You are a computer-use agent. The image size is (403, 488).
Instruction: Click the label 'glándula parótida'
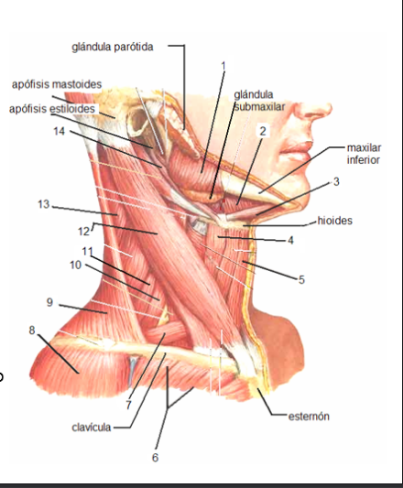click(x=113, y=48)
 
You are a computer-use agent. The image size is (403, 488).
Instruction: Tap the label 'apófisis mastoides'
click(x=57, y=84)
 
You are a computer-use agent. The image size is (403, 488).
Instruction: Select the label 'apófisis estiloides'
click(x=52, y=109)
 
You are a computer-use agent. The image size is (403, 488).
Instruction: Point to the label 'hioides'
click(x=335, y=221)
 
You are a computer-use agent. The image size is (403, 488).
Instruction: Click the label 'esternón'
click(x=309, y=417)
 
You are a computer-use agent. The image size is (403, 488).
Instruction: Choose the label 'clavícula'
click(x=92, y=428)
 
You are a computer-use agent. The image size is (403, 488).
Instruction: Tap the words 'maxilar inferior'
click(x=364, y=154)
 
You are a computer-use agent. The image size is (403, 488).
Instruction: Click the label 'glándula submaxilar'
click(x=259, y=101)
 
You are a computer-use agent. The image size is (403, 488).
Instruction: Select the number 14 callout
click(x=60, y=131)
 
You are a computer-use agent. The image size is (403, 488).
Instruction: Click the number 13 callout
click(x=44, y=204)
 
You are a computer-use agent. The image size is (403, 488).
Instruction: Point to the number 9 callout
click(x=49, y=302)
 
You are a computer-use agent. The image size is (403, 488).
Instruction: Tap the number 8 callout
click(x=32, y=331)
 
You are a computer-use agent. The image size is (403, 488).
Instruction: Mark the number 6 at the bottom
click(x=155, y=458)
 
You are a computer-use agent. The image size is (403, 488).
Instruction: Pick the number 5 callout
click(x=301, y=280)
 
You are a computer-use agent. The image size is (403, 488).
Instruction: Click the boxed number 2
click(x=263, y=131)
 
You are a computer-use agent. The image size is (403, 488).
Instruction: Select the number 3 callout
click(x=336, y=182)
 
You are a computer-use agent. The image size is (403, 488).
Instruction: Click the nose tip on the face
click(x=330, y=108)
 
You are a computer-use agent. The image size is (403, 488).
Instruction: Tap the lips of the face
click(x=298, y=148)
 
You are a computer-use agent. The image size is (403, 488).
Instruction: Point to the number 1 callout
click(x=223, y=66)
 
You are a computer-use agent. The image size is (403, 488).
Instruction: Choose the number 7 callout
click(x=128, y=405)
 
